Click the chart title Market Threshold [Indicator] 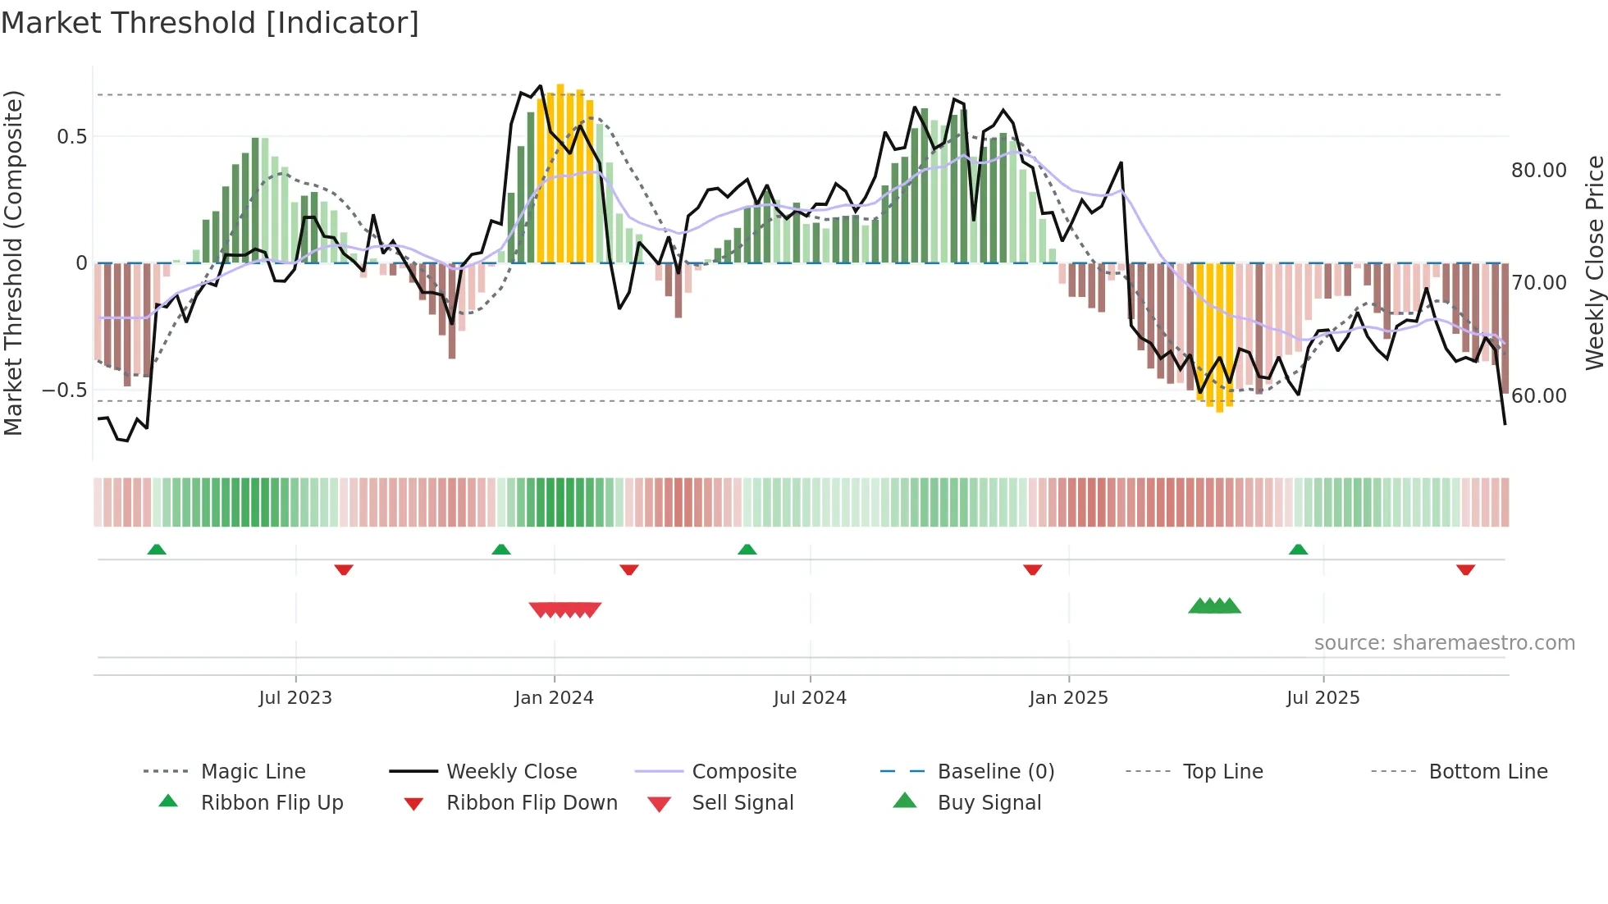pyautogui.click(x=210, y=23)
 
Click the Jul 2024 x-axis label pyautogui.click(x=810, y=698)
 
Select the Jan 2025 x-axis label pyautogui.click(x=1068, y=698)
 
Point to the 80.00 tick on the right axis pyautogui.click(x=1538, y=171)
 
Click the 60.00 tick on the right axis pyautogui.click(x=1538, y=396)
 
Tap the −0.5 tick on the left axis pyautogui.click(x=64, y=390)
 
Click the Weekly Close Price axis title pyautogui.click(x=1593, y=263)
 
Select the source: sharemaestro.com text pyautogui.click(x=1444, y=643)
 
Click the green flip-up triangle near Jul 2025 pyautogui.click(x=1298, y=550)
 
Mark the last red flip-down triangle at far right pyautogui.click(x=1465, y=570)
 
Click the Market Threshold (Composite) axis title pyautogui.click(x=13, y=263)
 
